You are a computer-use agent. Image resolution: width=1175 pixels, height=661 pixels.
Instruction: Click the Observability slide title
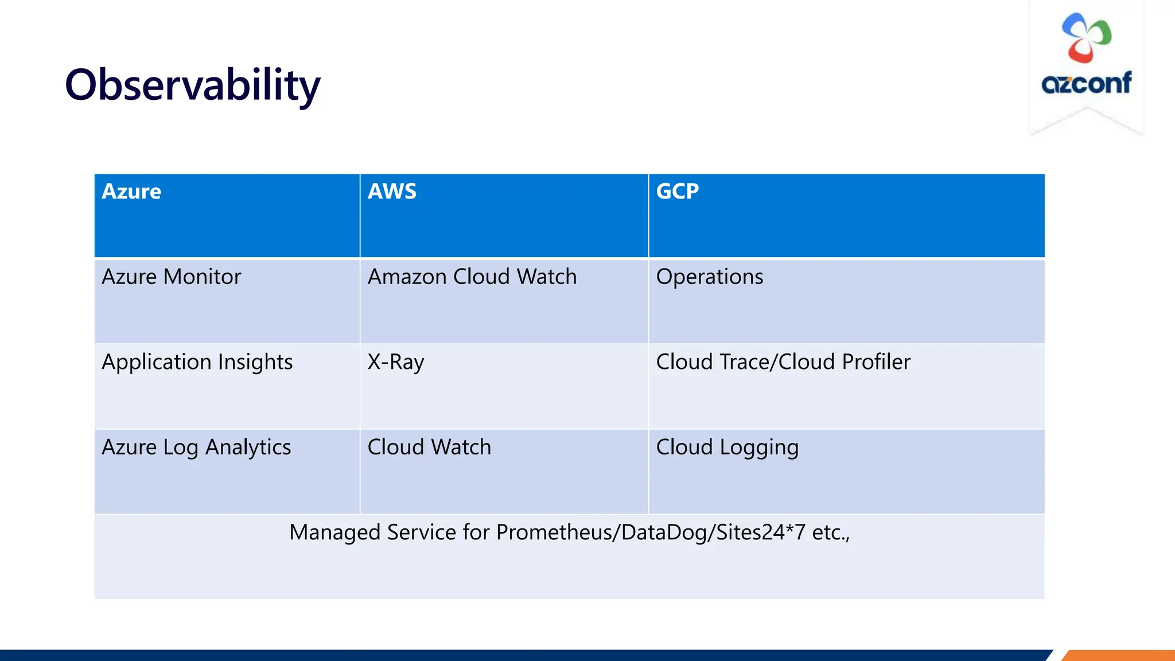pos(192,85)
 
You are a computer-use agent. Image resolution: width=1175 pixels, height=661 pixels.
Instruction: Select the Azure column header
pos(131,192)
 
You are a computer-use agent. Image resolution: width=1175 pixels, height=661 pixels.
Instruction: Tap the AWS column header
pos(392,192)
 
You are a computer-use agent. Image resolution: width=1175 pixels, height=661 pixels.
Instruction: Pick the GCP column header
pos(677,192)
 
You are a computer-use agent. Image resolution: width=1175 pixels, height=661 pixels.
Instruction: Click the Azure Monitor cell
pos(171,277)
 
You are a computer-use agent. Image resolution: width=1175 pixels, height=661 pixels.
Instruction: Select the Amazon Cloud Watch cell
pos(472,277)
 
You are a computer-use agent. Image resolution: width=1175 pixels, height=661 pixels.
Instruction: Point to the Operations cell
pos(709,277)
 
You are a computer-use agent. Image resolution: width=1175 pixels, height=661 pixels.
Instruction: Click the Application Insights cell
pos(197,362)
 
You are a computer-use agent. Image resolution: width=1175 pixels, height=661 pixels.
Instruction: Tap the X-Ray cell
pos(395,362)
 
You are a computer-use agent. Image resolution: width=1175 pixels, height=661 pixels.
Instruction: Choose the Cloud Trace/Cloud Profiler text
pos(783,362)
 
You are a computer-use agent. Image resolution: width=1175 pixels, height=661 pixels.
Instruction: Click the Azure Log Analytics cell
pos(196,448)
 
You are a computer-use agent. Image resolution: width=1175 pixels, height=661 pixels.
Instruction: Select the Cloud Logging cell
pos(727,448)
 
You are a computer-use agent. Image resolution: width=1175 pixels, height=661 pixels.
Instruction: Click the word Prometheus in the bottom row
pos(554,532)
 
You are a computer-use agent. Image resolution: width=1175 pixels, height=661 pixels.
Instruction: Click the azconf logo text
pos(1086,84)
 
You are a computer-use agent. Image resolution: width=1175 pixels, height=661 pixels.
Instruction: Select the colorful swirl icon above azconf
pos(1086,38)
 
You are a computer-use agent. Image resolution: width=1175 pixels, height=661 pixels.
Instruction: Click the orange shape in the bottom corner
pos(1119,655)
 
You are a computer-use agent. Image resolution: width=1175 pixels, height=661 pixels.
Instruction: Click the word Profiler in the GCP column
pos(876,362)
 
